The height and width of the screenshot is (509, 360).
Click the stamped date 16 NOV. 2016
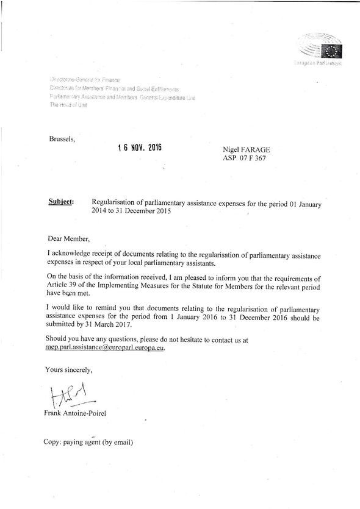click(141, 148)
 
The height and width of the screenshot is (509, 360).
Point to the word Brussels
click(62, 139)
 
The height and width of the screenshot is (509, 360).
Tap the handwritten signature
click(71, 398)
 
